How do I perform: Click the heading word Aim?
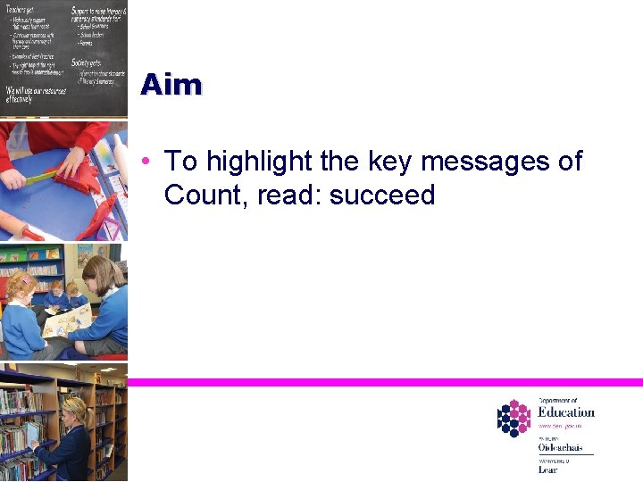171,85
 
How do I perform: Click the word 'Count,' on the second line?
207,195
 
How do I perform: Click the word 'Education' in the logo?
565,411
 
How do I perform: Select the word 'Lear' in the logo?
547,469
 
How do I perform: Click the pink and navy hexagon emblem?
514,417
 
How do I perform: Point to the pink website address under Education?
560,427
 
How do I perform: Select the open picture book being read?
66,320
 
